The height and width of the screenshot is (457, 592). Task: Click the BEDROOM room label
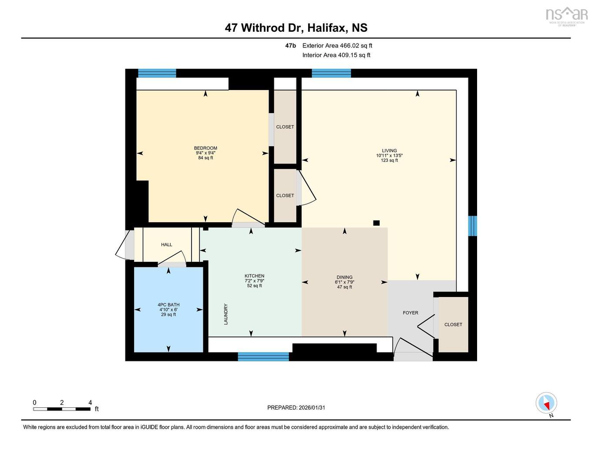pyautogui.click(x=205, y=148)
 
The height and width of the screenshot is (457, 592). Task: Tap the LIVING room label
pyautogui.click(x=389, y=151)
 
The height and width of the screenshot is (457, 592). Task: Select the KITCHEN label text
pyautogui.click(x=254, y=276)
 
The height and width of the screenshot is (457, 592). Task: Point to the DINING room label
pyautogui.click(x=344, y=277)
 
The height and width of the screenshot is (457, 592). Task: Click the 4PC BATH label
pyautogui.click(x=168, y=305)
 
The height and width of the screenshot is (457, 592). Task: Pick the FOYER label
pyautogui.click(x=410, y=313)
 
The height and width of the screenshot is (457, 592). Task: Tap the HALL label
pyautogui.click(x=166, y=245)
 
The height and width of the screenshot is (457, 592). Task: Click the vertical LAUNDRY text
pyautogui.click(x=226, y=314)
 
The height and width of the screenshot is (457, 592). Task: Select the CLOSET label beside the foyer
pyautogui.click(x=453, y=324)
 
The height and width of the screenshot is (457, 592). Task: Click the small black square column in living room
pyautogui.click(x=376, y=223)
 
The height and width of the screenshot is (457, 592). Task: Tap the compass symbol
pyautogui.click(x=546, y=403)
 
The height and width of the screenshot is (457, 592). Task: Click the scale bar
pyautogui.click(x=62, y=409)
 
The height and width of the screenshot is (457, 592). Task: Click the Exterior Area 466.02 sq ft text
pyautogui.click(x=337, y=46)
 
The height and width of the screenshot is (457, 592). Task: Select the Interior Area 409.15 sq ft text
pyautogui.click(x=336, y=55)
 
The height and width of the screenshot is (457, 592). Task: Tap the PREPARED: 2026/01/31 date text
pyautogui.click(x=296, y=408)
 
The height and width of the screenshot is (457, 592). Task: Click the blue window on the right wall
pyautogui.click(x=472, y=226)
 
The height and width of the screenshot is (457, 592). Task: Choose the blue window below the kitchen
pyautogui.click(x=263, y=357)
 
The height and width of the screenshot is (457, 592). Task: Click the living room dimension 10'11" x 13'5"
pyautogui.click(x=389, y=156)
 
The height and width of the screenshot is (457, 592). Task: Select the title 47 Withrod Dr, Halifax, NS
pyautogui.click(x=296, y=28)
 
